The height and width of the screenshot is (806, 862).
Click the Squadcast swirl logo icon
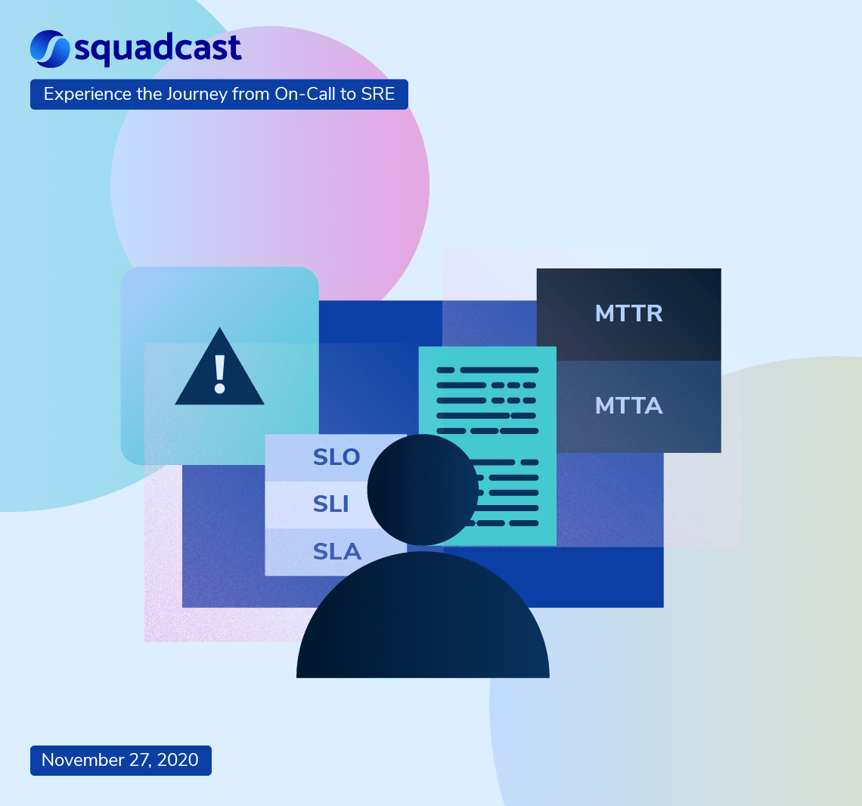(50, 48)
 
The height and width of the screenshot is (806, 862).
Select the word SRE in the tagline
(377, 95)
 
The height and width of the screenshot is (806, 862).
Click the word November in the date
(82, 760)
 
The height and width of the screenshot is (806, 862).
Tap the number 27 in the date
(140, 760)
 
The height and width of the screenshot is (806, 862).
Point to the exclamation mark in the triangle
(220, 374)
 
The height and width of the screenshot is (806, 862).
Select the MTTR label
(628, 314)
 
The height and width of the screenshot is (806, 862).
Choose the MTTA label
(628, 406)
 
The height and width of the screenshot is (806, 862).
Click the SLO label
(336, 457)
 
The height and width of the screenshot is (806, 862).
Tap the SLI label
(330, 504)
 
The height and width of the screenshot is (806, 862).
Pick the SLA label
(336, 552)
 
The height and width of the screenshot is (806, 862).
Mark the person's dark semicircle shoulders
(423, 628)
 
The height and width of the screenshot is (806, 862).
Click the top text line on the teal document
(488, 370)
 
